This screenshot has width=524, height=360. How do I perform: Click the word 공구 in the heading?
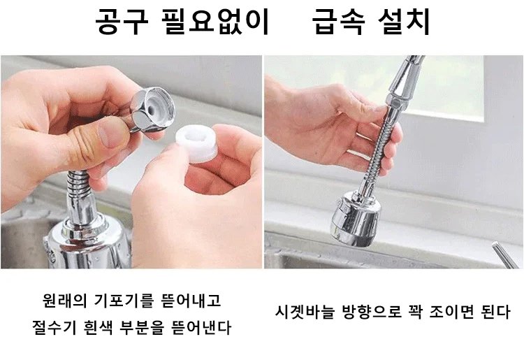122,22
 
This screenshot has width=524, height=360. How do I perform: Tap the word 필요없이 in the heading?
215,22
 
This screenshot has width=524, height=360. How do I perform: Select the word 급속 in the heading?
337,22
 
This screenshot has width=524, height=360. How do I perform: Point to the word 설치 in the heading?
404,22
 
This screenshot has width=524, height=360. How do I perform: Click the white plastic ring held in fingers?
197,144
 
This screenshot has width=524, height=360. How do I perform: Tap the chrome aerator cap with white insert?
153,108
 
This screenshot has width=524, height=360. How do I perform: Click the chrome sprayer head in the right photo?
356,219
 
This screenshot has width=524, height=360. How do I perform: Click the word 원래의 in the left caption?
65,301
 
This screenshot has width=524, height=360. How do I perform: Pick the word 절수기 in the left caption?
54,328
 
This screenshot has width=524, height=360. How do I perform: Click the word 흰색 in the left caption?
99,328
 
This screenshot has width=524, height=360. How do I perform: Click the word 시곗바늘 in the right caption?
305,312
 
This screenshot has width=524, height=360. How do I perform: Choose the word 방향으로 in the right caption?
372,312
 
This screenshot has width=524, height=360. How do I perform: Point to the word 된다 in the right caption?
495,312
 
